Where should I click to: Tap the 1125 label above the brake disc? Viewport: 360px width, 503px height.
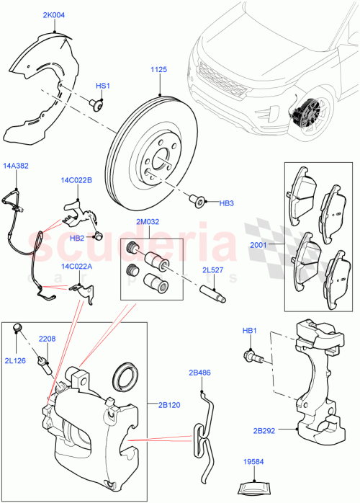tap(159, 69)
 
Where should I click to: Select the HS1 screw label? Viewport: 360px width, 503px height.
tap(103, 86)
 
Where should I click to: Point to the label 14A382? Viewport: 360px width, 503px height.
tap(16, 165)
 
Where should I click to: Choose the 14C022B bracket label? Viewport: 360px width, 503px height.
tap(76, 180)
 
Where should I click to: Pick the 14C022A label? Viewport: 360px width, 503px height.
tap(76, 266)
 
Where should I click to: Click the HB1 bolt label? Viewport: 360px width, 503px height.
tap(249, 331)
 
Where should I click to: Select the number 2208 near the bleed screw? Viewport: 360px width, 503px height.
tap(47, 339)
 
